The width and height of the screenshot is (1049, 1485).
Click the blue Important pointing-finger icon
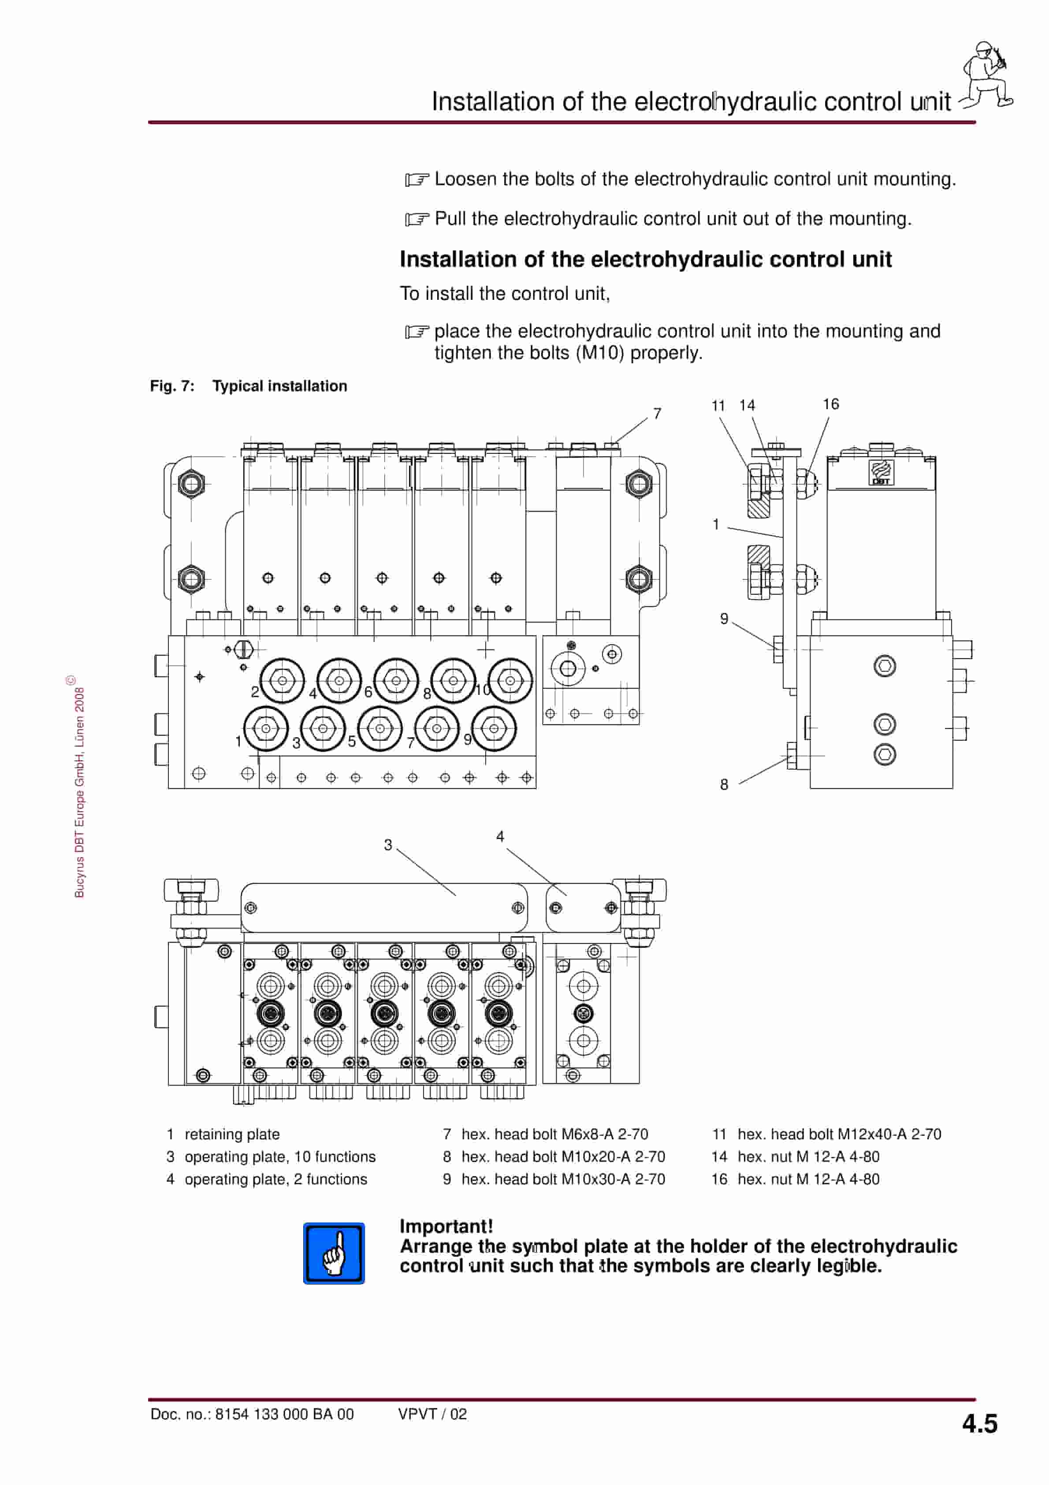click(x=334, y=1253)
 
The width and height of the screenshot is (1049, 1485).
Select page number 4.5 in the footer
click(x=979, y=1424)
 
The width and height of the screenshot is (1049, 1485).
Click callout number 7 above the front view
click(x=657, y=413)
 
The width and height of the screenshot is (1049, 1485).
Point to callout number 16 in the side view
click(x=830, y=404)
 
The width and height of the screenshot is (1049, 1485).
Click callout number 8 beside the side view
click(x=724, y=784)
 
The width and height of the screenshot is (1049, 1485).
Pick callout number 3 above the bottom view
click(x=387, y=845)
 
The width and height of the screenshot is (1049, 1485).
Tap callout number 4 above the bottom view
click(x=500, y=836)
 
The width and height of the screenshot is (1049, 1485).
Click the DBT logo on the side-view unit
click(x=880, y=472)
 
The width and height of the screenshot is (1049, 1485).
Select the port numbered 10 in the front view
click(x=510, y=680)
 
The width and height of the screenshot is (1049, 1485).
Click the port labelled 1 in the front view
click(x=266, y=728)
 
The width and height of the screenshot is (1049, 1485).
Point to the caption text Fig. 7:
click(x=172, y=386)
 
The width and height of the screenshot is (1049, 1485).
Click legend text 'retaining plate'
click(x=232, y=1134)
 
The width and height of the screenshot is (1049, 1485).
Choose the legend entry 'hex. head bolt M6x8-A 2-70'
click(x=554, y=1134)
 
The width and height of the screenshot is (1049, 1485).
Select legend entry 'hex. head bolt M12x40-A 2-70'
click(x=839, y=1134)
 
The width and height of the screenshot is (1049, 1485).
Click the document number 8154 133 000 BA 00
click(x=284, y=1414)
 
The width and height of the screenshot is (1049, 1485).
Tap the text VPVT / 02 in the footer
click(x=432, y=1414)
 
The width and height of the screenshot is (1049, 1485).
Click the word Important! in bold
click(x=446, y=1226)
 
